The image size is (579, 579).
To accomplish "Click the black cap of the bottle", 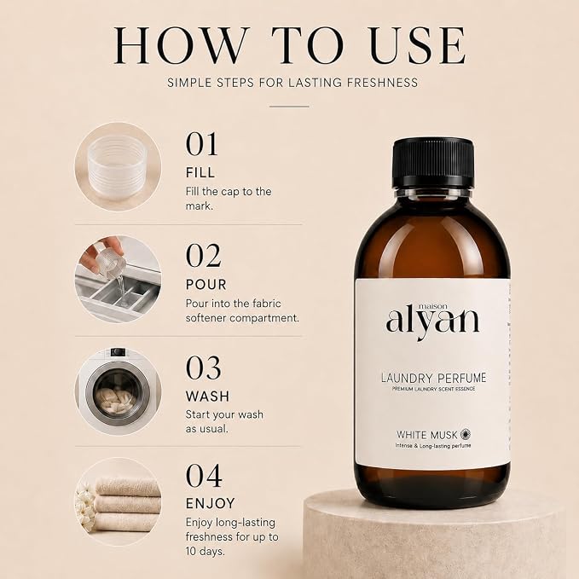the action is (x=432, y=163).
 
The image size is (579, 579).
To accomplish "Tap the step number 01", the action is (x=201, y=144).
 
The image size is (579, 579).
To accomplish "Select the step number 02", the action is (x=204, y=256).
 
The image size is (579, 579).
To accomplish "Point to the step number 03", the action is (x=204, y=368).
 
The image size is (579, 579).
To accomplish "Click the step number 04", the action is (x=204, y=476).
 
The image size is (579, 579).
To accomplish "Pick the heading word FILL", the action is (x=200, y=173).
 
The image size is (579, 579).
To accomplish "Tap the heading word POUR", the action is (x=206, y=285).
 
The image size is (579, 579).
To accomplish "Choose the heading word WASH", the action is (x=207, y=397).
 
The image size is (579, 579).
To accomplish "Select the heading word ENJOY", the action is (x=211, y=504).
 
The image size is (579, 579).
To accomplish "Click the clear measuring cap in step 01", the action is (x=117, y=167).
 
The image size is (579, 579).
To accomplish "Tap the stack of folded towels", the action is (x=126, y=504).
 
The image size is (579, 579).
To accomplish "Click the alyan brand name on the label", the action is (x=432, y=322).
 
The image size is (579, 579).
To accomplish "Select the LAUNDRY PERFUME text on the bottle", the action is (x=433, y=378).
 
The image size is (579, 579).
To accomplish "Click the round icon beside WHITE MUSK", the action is (x=466, y=434).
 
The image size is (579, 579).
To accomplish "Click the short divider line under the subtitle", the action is (x=289, y=107).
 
